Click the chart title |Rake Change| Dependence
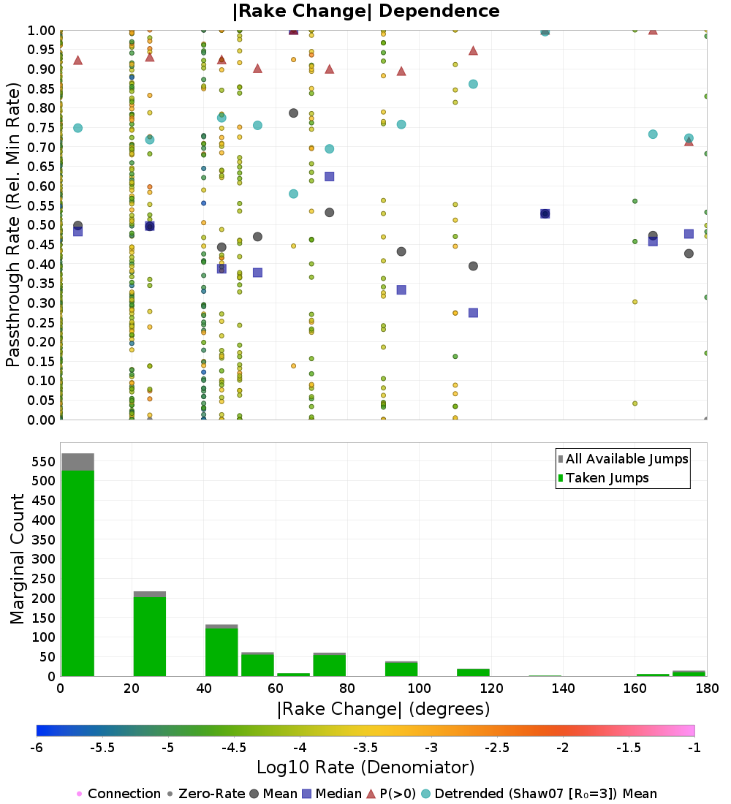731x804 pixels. pos(365,11)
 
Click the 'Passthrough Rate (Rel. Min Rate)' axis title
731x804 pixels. pos(13,224)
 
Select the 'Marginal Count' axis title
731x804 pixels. pos(18,559)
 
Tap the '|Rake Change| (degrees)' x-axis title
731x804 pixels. pos(383,709)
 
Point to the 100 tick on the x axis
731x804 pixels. pos(419,688)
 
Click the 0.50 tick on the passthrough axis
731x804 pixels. pos(40,225)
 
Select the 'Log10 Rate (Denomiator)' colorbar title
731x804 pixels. pos(365,767)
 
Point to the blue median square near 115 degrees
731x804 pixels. pos(473,313)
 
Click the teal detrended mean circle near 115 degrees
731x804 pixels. pos(473,84)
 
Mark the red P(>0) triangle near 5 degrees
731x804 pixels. pos(77,60)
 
